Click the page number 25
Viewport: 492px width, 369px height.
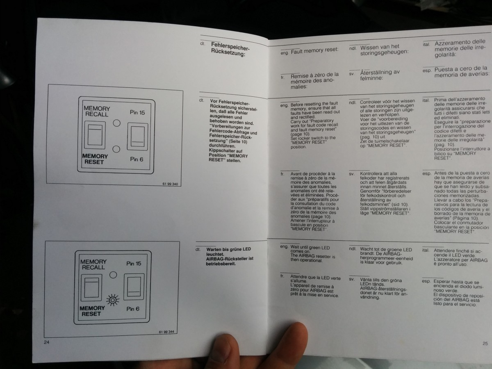(485, 344)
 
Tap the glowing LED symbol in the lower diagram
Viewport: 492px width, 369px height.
(112, 301)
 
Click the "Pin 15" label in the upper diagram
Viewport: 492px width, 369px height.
(137, 112)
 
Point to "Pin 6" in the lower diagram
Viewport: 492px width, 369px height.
(134, 308)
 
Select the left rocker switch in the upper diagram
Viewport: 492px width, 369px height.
(95, 135)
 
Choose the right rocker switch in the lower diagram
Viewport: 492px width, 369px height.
(134, 287)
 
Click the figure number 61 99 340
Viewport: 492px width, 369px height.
(170, 184)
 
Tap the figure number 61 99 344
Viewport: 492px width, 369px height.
(166, 332)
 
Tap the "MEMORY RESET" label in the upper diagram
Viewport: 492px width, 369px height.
(95, 159)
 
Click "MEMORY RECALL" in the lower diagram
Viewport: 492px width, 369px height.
(93, 264)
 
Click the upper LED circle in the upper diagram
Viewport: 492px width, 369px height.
(116, 123)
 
